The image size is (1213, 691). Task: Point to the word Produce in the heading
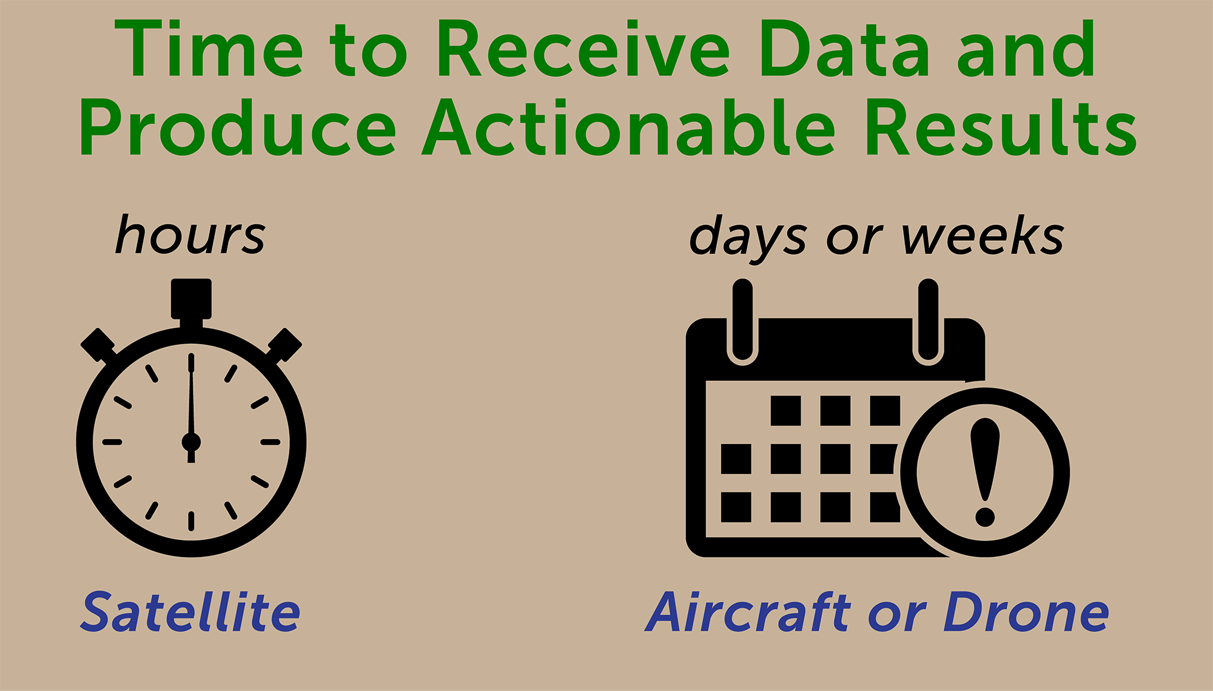[x=238, y=127]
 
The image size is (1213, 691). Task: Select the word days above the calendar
[x=748, y=240]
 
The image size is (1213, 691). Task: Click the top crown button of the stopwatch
[x=191, y=298]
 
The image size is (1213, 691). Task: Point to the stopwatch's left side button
[x=98, y=345]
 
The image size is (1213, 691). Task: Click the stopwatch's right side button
[x=284, y=345]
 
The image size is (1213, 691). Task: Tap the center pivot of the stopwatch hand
[x=191, y=442]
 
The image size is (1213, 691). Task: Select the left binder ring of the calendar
[x=742, y=322]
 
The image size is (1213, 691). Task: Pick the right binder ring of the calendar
[x=928, y=322]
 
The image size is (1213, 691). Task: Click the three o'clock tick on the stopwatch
[x=270, y=442]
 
